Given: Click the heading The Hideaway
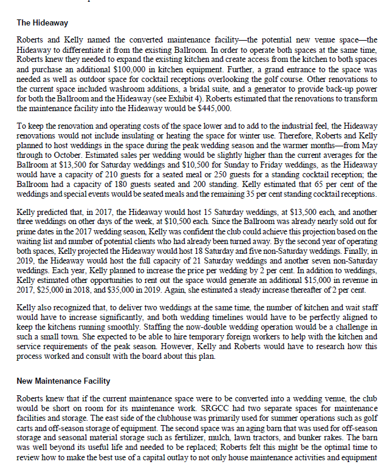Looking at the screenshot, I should (42, 23).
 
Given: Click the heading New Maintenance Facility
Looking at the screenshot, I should (63, 381).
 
